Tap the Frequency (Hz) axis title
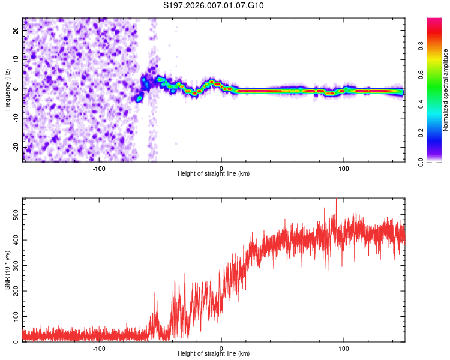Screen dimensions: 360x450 tap(7, 90)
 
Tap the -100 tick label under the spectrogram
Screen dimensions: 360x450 tap(99, 168)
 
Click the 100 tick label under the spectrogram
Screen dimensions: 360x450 tap(344, 168)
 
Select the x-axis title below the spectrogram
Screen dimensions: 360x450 tap(214, 174)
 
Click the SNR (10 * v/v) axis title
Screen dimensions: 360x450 tap(7, 270)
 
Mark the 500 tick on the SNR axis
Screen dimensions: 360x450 tap(14, 212)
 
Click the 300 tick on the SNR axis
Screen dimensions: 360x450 tap(14, 264)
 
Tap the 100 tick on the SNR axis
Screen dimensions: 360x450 tap(14, 316)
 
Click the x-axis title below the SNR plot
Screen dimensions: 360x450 tap(214, 354)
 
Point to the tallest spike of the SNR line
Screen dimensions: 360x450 tap(336, 199)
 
